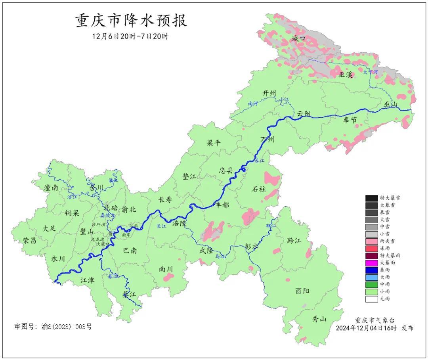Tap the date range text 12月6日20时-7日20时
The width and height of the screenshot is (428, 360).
(x=131, y=36)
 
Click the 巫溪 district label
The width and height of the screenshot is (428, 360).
(x=346, y=74)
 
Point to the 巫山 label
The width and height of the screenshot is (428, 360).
(x=391, y=104)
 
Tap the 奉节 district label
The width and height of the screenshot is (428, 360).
(x=350, y=119)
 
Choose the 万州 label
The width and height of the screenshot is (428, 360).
(x=267, y=140)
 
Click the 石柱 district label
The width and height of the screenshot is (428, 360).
(x=259, y=189)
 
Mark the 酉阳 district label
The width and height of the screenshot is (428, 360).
(x=302, y=291)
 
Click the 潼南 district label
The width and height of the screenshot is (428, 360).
(x=52, y=188)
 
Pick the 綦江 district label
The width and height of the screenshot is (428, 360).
(x=129, y=295)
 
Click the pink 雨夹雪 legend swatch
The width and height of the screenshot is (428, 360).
(x=371, y=241)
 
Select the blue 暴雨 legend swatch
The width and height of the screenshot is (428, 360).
(x=371, y=270)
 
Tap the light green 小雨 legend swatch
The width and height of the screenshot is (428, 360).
(x=371, y=292)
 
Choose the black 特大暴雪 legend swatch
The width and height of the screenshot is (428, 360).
(x=371, y=198)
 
